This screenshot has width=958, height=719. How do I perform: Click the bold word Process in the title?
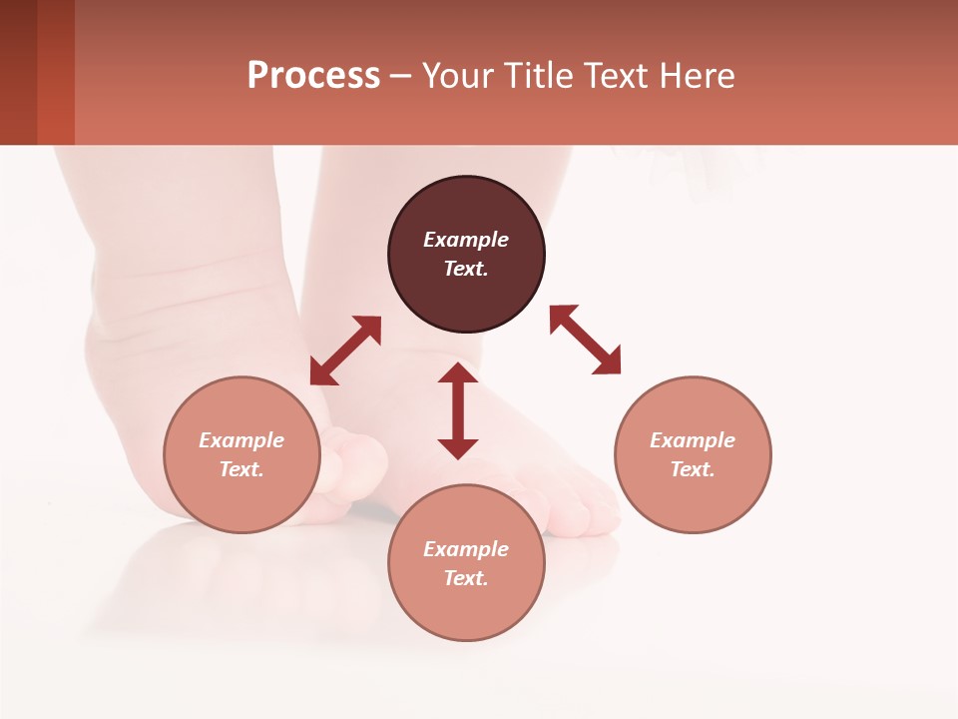[x=313, y=76]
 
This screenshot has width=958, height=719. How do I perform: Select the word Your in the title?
[x=459, y=76]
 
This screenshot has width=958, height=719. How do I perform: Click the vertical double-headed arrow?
[x=458, y=410]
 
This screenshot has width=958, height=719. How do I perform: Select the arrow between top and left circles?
[x=345, y=351]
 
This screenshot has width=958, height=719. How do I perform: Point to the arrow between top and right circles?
[x=586, y=340]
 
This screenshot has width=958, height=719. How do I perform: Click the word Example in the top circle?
[x=466, y=240]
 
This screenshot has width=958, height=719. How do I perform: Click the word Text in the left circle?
[x=241, y=469]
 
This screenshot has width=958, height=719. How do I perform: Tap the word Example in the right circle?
[x=693, y=440]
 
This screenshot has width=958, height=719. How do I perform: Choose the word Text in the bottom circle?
[x=466, y=578]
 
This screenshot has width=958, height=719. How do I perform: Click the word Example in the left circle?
[x=241, y=440]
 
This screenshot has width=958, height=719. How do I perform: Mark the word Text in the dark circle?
[x=466, y=269]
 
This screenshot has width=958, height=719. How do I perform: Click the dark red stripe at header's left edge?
[x=18, y=72]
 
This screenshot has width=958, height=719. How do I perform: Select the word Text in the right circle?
[x=693, y=469]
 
